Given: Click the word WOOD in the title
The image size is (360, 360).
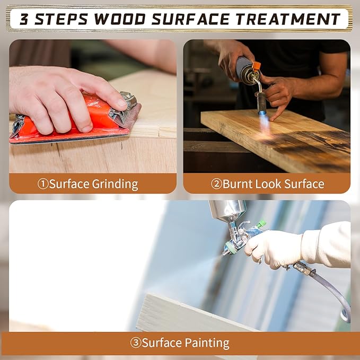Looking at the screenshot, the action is coord(119,19).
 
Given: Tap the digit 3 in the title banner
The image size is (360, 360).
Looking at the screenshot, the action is coord(24,19).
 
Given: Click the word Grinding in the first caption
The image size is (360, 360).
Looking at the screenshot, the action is coord(115,185).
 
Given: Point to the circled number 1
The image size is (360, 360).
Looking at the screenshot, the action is coord(43,184).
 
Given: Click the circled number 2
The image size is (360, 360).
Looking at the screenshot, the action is coord(216,184).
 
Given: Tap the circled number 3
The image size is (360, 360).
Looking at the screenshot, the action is coord(136,343).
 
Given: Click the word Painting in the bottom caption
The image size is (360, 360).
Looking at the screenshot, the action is coord(207,343).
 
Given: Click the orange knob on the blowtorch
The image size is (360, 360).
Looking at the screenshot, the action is coord(256,66).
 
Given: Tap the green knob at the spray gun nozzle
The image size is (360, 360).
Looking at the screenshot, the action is coord(230,248).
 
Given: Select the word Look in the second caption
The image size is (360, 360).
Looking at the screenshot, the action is coord(268,184).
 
